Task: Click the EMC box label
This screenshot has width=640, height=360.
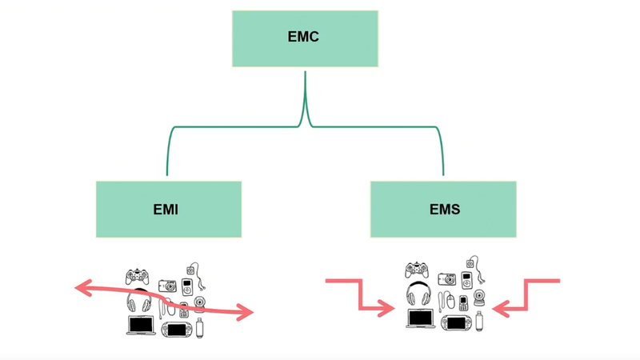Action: (304, 38)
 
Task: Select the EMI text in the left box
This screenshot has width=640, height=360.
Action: (166, 210)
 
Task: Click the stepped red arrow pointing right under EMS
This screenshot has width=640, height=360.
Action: (360, 294)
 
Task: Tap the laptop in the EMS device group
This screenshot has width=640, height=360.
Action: (422, 318)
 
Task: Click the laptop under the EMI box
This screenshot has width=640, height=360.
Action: (142, 325)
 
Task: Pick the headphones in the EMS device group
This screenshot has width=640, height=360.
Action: (421, 294)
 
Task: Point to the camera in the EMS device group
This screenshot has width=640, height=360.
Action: (446, 279)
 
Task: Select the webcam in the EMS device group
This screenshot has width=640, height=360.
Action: (481, 297)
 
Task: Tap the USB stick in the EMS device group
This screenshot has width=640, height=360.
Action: (479, 321)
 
